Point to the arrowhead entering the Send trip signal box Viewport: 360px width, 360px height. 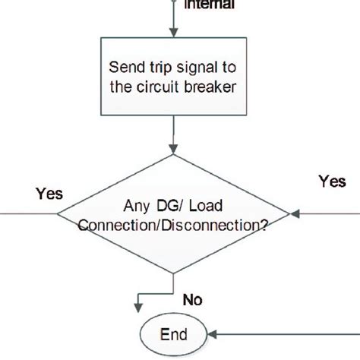pos(175,32)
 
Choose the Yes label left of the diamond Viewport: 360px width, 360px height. pos(49,194)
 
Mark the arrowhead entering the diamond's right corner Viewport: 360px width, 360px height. pos(295,214)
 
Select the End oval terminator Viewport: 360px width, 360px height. pos(174,334)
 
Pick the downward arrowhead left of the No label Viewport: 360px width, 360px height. pos(137,308)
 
